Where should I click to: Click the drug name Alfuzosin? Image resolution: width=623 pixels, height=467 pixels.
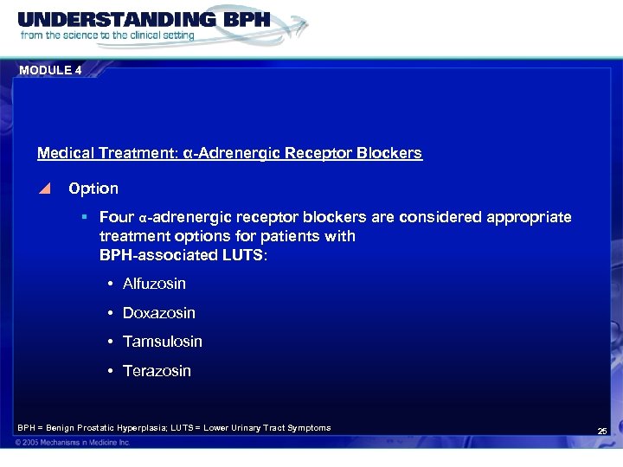pyautogui.click(x=154, y=284)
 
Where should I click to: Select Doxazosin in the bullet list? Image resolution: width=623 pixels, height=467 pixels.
pyautogui.click(x=159, y=313)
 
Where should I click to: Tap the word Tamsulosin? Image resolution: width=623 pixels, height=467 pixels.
pyautogui.click(x=163, y=342)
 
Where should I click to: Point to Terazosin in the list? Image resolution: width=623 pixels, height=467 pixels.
pyautogui.click(x=157, y=371)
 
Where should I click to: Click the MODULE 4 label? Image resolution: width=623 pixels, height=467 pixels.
pyautogui.click(x=50, y=71)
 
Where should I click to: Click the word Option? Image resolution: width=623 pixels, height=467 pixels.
pyautogui.click(x=93, y=188)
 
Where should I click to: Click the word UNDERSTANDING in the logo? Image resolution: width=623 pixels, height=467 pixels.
pyautogui.click(x=102, y=19)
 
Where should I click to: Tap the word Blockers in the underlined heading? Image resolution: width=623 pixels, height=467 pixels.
pyautogui.click(x=392, y=153)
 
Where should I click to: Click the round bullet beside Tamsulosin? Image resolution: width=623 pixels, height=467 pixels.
pyautogui.click(x=112, y=342)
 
